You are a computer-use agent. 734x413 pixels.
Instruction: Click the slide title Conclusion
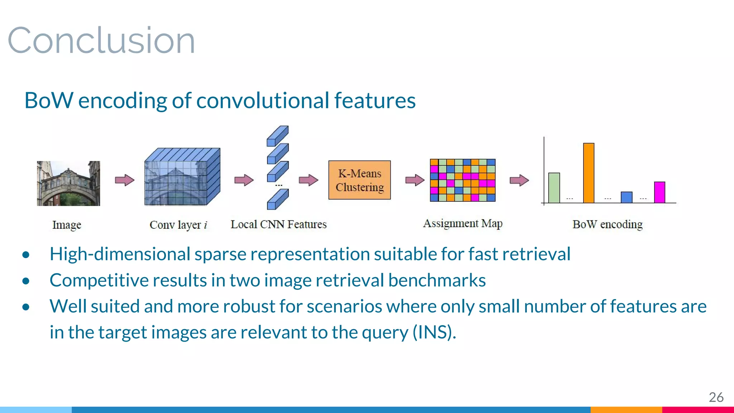[x=101, y=41]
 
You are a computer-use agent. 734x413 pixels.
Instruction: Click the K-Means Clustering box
[x=359, y=180]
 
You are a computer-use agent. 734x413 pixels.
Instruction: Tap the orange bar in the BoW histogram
[x=588, y=173]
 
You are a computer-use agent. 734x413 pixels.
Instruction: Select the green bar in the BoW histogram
[x=554, y=188]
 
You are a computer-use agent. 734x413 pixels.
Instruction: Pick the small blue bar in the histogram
[x=626, y=198]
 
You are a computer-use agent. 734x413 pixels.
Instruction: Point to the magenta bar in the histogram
[x=659, y=193]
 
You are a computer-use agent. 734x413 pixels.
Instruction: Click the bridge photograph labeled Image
[x=68, y=183]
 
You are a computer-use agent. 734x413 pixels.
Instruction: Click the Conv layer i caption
[x=178, y=225]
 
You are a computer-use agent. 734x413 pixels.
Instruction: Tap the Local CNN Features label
[x=278, y=224]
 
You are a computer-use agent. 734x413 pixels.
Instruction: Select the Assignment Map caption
[x=463, y=223]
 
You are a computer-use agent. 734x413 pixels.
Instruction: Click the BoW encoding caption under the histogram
[x=607, y=224]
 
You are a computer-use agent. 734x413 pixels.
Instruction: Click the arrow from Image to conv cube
[x=124, y=180]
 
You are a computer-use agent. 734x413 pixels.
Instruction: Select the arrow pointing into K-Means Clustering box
[x=308, y=180]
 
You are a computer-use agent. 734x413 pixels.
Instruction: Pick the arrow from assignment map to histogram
[x=519, y=180]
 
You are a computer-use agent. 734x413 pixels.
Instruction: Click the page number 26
[x=716, y=397]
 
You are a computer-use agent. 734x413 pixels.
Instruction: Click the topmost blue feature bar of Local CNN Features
[x=277, y=136]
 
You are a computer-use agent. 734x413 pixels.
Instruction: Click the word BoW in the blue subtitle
[x=49, y=100]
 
